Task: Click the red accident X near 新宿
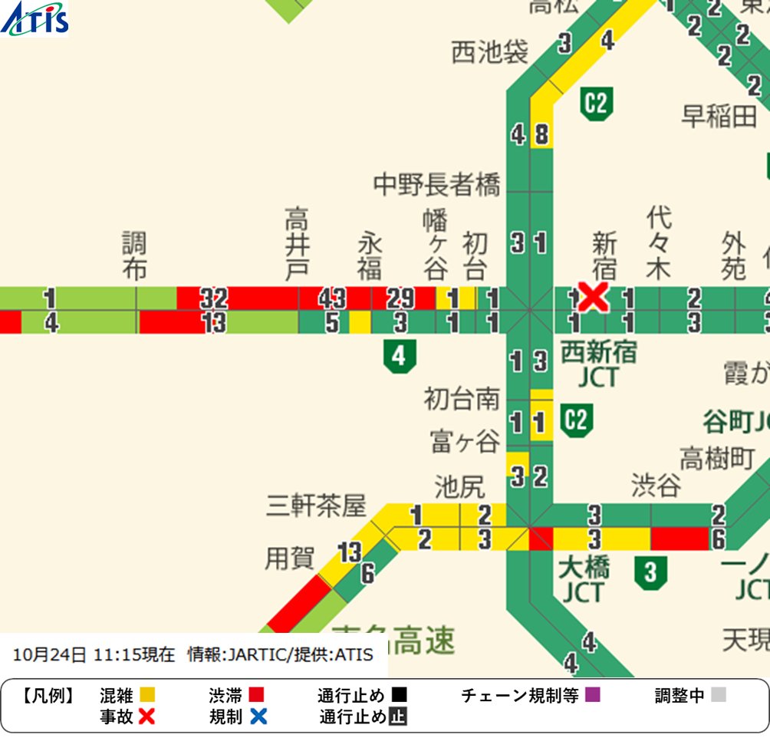click(x=593, y=297)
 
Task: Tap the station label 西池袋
click(x=489, y=53)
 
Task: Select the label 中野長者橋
click(x=436, y=185)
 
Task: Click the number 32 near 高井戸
click(x=215, y=298)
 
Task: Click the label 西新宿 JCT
click(x=598, y=365)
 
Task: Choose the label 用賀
click(x=289, y=558)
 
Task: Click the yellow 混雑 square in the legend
click(x=148, y=695)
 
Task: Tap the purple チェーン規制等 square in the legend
click(x=592, y=695)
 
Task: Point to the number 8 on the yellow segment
click(x=541, y=136)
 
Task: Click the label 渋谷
click(x=656, y=485)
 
